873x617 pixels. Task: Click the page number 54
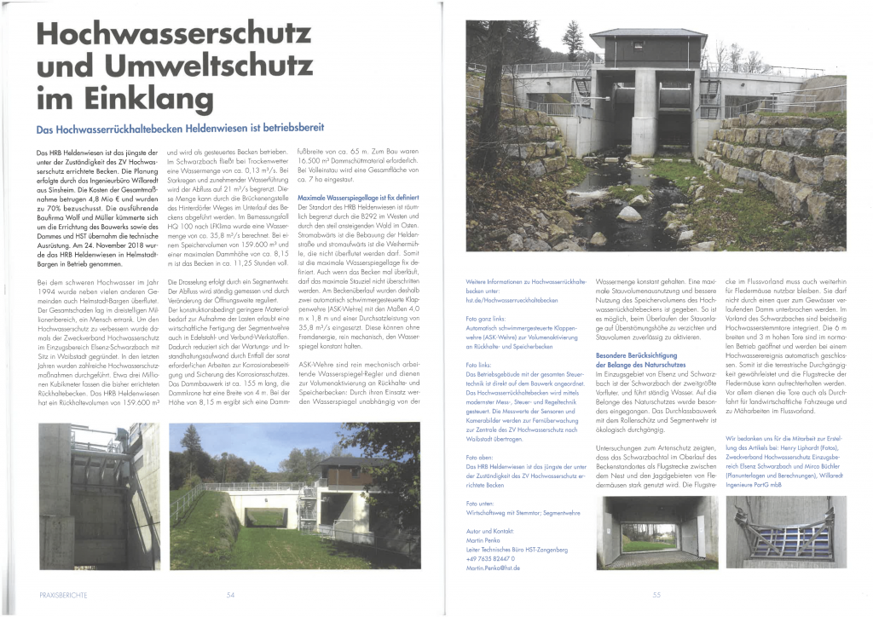[x=230, y=595]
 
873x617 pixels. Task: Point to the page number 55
[x=656, y=595]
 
